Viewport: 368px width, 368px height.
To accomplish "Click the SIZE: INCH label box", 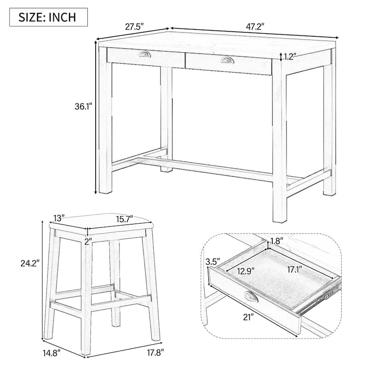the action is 48,17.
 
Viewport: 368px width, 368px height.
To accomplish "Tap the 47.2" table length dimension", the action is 255,27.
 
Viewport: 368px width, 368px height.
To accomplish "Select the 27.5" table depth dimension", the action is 134,27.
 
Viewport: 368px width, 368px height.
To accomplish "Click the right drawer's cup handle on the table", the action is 227,60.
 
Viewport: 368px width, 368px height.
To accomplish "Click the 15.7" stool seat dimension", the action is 125,219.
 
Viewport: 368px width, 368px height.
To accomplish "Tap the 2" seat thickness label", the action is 88,241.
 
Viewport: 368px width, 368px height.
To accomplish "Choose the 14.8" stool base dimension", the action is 52,353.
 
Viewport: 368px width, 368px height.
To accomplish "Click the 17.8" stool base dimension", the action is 155,353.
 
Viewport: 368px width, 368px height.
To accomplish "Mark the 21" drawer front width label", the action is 249,318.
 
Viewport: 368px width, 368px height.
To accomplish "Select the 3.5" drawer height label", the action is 213,262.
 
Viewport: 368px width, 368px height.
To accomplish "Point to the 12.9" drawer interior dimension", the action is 246,271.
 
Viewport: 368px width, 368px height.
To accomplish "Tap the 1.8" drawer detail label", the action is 277,241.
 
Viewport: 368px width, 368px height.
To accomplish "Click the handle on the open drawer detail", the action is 251,297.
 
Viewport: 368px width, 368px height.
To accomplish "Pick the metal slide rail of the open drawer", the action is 320,299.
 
